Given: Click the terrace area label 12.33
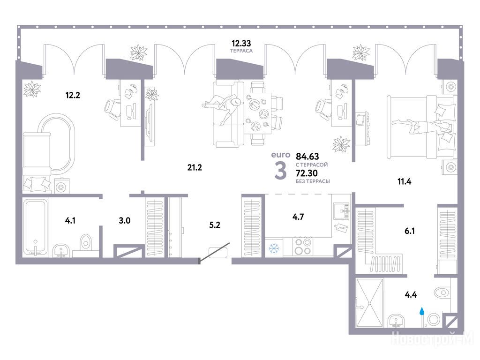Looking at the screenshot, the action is pyautogui.click(x=241, y=43).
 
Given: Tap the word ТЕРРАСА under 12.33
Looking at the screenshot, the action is pyautogui.click(x=241, y=51).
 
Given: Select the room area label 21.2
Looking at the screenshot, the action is pyautogui.click(x=195, y=167).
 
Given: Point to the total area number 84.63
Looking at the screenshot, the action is pyautogui.click(x=307, y=157).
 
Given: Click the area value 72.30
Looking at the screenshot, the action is pyautogui.click(x=307, y=173).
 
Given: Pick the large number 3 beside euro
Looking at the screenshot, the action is pyautogui.click(x=281, y=171).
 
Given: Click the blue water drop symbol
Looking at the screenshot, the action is pyautogui.click(x=422, y=311).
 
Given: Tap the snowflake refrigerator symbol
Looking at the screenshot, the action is pyautogui.click(x=273, y=248).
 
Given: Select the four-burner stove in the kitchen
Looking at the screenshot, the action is pyautogui.click(x=303, y=247).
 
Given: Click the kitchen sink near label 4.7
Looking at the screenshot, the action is pyautogui.click(x=342, y=211).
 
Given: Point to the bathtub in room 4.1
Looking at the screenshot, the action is pyautogui.click(x=36, y=227).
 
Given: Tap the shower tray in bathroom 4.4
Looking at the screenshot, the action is pyautogui.click(x=369, y=303).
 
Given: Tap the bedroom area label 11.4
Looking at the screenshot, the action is pyautogui.click(x=405, y=181).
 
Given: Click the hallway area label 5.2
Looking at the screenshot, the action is pyautogui.click(x=215, y=225).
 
